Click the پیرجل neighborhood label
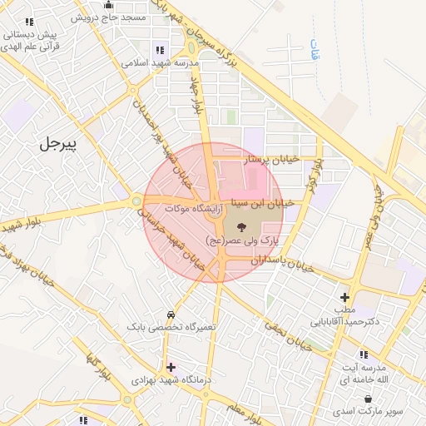click(x=57, y=144)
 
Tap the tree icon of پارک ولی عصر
click(x=241, y=227)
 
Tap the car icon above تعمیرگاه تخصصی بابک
click(x=171, y=315)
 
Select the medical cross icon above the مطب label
click(x=344, y=297)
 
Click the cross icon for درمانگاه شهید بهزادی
click(x=171, y=367)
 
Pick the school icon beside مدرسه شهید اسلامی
click(x=160, y=51)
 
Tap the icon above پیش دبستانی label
click(x=30, y=22)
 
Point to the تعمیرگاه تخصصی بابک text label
click(x=171, y=328)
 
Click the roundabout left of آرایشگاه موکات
click(x=136, y=201)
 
